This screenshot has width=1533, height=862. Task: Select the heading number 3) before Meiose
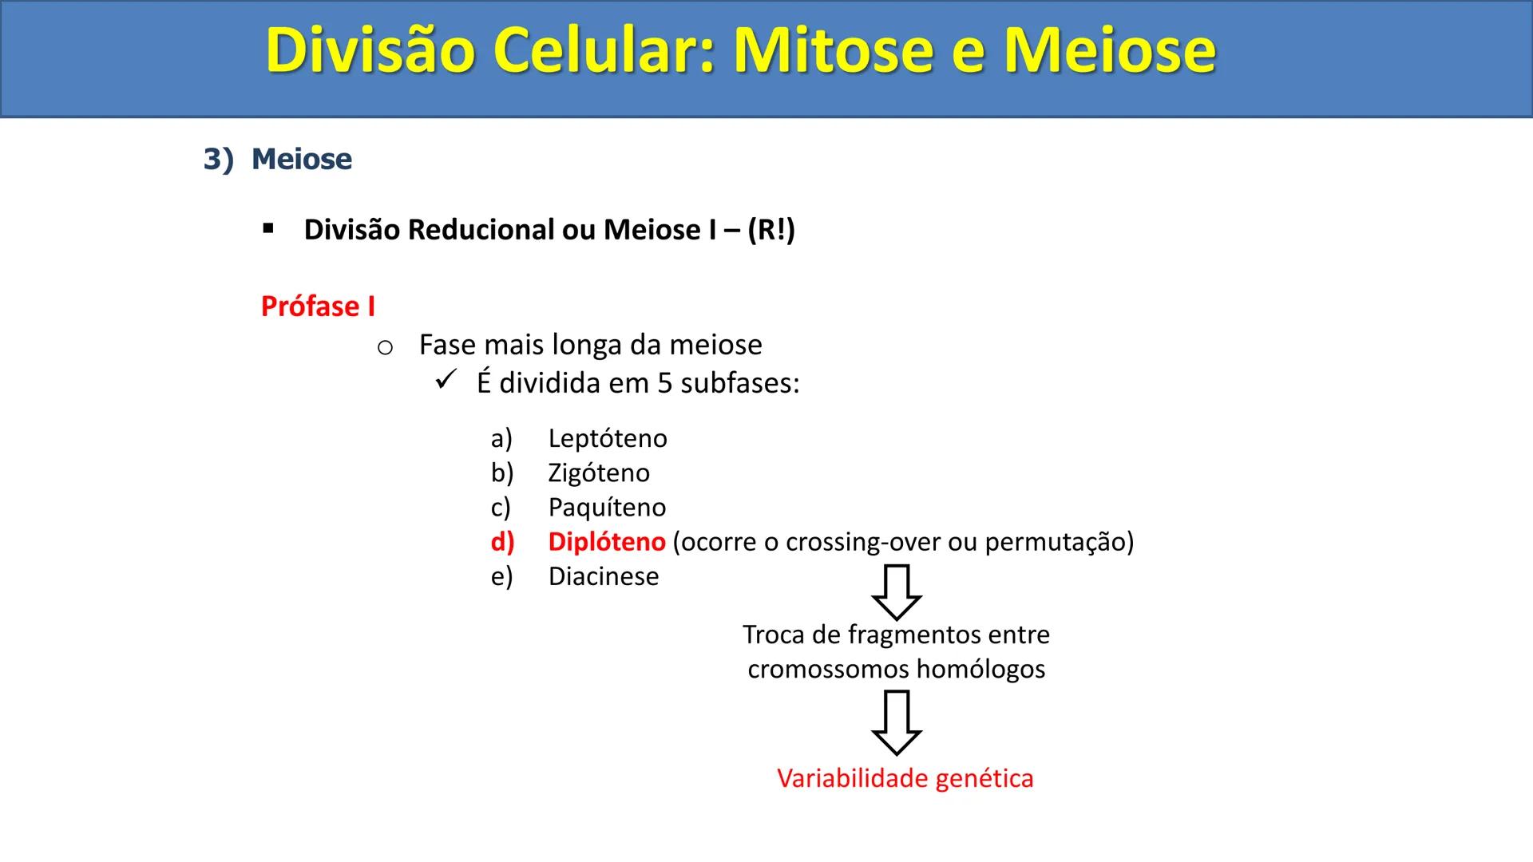217,159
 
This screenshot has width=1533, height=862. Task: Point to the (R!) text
771,230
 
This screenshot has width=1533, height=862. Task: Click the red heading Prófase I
318,306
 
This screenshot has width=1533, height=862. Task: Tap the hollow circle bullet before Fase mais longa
385,348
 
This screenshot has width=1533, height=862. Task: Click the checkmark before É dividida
446,380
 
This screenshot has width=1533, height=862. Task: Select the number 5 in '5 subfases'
664,384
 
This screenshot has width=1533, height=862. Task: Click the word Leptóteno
607,438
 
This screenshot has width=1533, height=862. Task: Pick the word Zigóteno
598,473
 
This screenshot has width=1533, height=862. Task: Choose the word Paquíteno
606,508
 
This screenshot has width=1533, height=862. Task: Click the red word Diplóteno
606,542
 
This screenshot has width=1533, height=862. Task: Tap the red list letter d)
502,542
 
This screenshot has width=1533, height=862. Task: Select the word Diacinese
603,576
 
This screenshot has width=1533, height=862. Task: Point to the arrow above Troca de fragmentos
896,592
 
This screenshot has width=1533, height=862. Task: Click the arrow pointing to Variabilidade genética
896,722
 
